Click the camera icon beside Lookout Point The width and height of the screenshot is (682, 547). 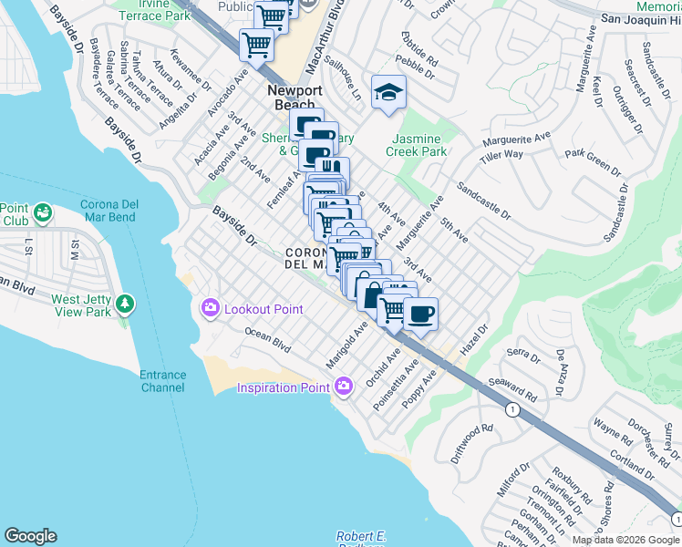tap(211, 309)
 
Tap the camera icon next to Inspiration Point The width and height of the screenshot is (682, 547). tap(344, 387)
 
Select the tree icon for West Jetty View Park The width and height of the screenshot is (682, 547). tap(123, 304)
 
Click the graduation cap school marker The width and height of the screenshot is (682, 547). tap(388, 92)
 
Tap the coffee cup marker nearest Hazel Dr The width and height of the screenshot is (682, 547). tap(419, 315)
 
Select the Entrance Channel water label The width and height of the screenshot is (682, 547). tap(162, 381)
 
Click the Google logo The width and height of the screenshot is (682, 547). tap(30, 536)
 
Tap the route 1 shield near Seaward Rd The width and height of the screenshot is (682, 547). tap(513, 410)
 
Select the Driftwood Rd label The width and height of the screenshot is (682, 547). tap(471, 440)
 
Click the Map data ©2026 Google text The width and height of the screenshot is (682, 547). tap(625, 540)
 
